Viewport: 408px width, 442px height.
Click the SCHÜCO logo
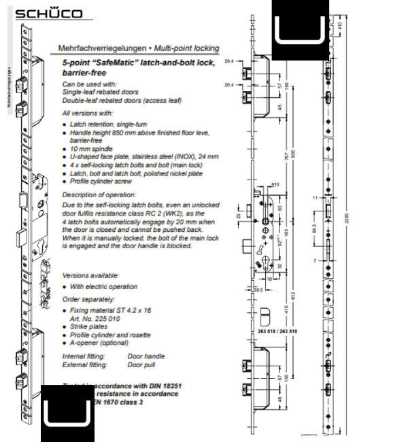tap(48, 14)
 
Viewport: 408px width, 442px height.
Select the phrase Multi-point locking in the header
tap(187, 49)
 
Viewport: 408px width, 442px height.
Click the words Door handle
tap(146, 356)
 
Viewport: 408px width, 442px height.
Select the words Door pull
tap(142, 365)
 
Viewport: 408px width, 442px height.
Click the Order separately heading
tap(88, 299)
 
